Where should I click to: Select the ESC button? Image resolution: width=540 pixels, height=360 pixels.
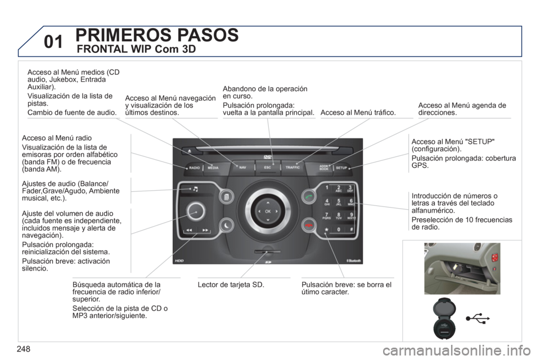point(267,167)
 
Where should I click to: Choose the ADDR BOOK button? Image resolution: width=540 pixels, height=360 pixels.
point(323,167)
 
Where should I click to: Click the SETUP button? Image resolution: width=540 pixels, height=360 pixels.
point(341,167)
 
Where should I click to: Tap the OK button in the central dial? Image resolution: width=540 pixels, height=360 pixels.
point(268,211)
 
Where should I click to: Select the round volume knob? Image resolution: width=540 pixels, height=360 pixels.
point(195,211)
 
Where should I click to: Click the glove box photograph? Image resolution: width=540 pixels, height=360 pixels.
point(462,268)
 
